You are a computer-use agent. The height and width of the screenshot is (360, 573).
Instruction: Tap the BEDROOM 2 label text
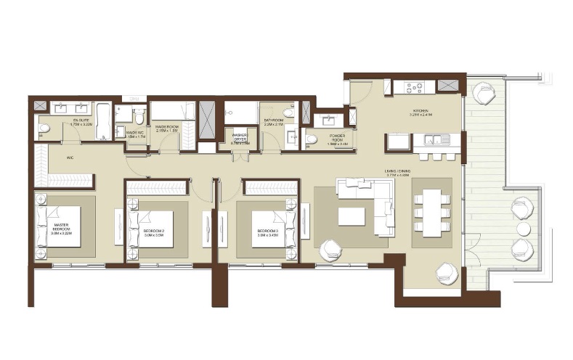click(153, 232)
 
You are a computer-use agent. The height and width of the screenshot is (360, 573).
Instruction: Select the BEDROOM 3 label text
click(267, 233)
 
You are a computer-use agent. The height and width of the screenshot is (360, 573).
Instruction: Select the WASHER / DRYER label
click(240, 138)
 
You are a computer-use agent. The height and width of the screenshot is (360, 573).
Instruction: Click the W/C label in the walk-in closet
click(70, 157)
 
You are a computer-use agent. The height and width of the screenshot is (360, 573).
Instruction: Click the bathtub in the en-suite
click(102, 121)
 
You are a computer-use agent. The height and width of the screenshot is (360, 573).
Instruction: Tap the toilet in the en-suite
click(44, 128)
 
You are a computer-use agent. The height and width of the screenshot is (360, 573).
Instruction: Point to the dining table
click(431, 212)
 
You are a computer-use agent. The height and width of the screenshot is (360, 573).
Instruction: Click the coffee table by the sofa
click(351, 216)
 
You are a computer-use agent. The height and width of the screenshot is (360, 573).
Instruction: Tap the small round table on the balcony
click(523, 229)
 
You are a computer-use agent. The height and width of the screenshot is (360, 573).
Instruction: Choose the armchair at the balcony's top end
click(483, 94)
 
